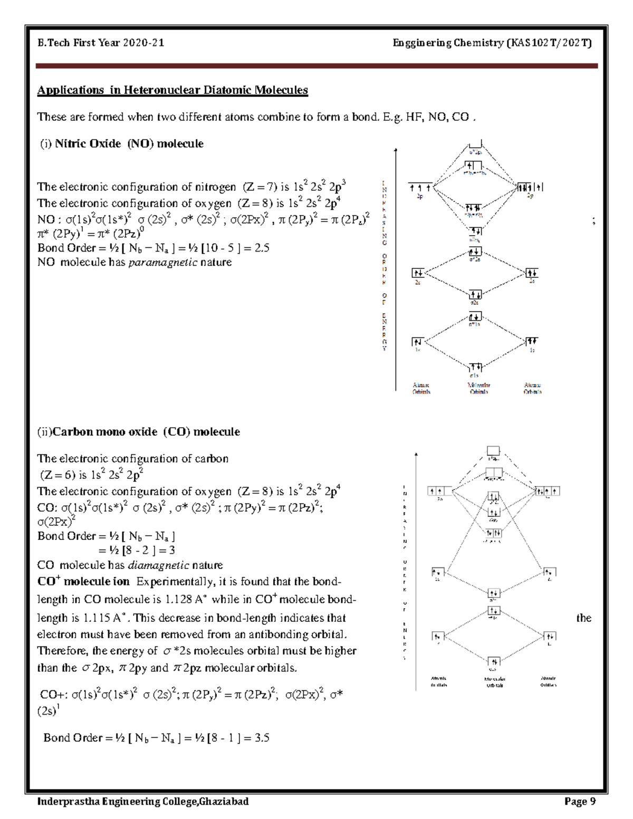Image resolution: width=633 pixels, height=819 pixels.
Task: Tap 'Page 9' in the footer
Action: click(x=580, y=802)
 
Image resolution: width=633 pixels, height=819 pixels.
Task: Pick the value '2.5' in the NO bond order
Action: click(x=262, y=248)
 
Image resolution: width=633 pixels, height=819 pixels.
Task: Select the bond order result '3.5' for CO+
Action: click(x=262, y=738)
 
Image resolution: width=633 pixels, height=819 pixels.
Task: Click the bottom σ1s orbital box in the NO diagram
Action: click(x=475, y=367)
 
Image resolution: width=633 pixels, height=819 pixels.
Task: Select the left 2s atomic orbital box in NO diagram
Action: click(x=418, y=273)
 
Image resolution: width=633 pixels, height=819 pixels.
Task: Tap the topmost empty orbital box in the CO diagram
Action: click(x=493, y=451)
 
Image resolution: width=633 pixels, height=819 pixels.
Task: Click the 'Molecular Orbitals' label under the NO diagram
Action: click(x=479, y=389)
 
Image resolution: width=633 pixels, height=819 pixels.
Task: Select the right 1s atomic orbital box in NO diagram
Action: click(x=532, y=341)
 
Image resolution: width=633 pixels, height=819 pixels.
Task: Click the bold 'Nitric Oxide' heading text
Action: click(x=88, y=144)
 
